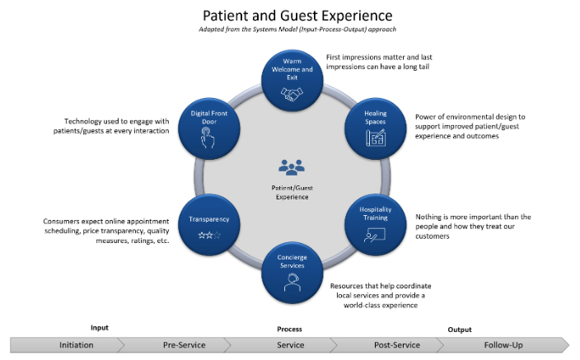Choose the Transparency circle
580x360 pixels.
(x=208, y=224)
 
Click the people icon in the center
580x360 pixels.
(x=292, y=167)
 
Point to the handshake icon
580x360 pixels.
(x=292, y=95)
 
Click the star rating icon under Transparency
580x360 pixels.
(x=208, y=236)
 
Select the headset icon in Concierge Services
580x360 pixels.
(x=292, y=285)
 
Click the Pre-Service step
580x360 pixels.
(x=184, y=344)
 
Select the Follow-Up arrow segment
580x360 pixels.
(x=503, y=344)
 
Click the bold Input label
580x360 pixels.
(x=99, y=328)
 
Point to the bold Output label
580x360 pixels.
(x=460, y=329)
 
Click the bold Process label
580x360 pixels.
(x=289, y=329)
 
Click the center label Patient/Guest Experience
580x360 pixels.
(x=292, y=192)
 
